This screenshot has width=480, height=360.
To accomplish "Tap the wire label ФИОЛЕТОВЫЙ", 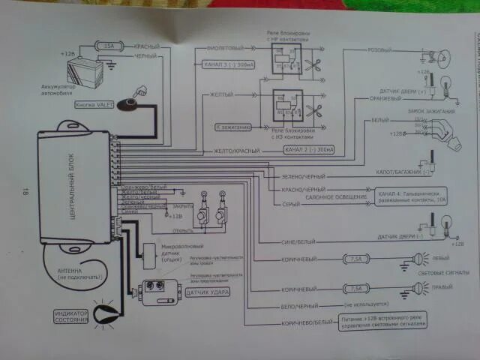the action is click(223, 46).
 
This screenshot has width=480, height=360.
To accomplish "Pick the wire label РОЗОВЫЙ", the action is click(378, 51).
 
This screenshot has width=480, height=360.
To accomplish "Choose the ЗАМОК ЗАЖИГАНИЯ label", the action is click(419, 110).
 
